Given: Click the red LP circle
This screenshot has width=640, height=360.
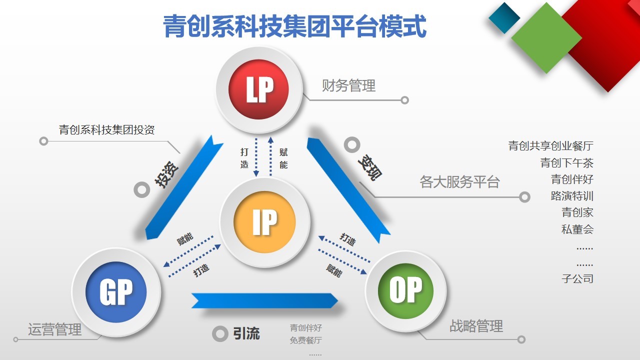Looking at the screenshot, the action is click(258, 89).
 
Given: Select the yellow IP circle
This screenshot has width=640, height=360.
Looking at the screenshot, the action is click(264, 222).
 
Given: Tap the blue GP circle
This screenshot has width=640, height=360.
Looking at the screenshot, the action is click(116, 292).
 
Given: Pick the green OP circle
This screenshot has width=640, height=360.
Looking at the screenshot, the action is click(405, 291).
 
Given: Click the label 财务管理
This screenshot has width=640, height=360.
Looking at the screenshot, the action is click(348, 85).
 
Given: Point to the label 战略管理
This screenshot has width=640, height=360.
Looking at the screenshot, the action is click(476, 326).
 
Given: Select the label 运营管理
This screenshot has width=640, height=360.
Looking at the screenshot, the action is click(55, 329).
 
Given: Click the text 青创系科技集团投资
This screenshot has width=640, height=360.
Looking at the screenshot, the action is click(107, 129).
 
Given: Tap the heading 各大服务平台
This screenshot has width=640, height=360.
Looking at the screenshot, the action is click(459, 182).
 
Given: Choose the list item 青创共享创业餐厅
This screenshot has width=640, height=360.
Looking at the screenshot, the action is click(551, 146).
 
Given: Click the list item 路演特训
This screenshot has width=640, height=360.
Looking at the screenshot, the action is click(572, 196).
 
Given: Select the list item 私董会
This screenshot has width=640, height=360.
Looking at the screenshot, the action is click(577, 229).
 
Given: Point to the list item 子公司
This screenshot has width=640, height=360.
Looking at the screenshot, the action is click(577, 278).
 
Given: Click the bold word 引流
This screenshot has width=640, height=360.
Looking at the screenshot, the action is click(246, 333).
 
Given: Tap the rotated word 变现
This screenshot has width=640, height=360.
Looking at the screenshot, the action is click(369, 167).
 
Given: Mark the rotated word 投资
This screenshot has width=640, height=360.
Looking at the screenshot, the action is click(166, 174).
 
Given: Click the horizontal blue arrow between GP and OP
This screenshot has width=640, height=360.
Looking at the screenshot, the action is click(264, 300).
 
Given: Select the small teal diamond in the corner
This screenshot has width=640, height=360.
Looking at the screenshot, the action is click(504, 17).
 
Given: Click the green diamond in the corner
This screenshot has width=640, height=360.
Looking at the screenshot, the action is click(546, 38).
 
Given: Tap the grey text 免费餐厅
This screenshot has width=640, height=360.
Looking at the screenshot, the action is click(305, 340).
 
